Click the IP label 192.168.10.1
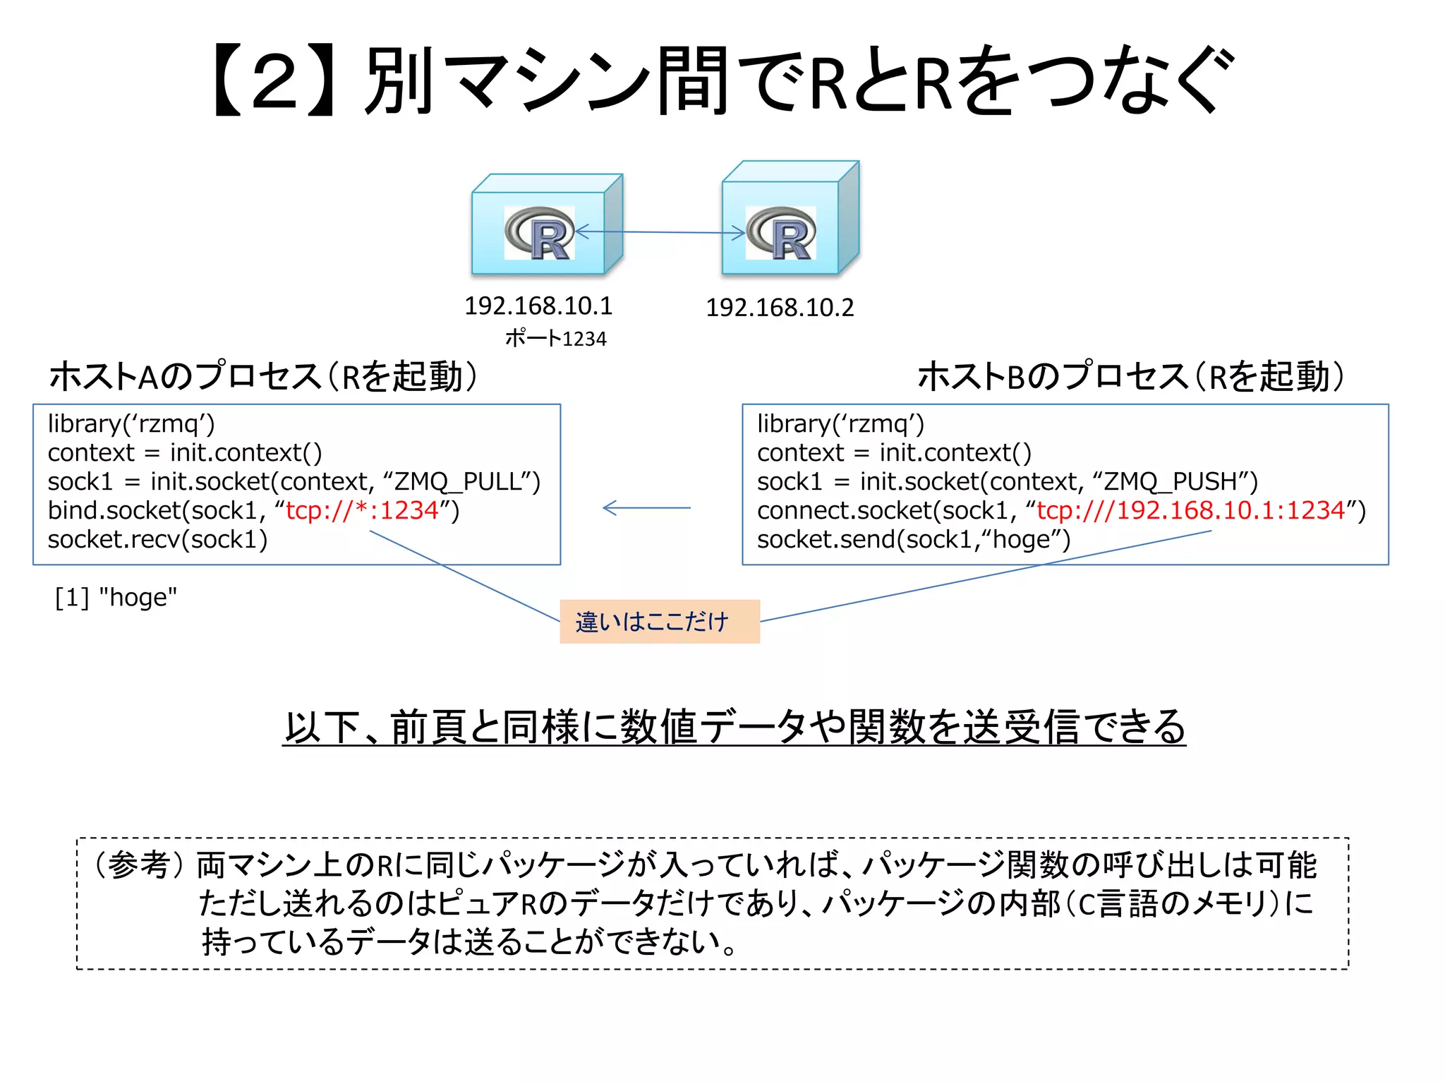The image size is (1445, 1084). coord(538,306)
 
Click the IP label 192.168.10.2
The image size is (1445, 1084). coord(780,308)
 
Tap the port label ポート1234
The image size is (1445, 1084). coord(555,339)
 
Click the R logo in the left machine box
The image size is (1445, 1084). coord(540,233)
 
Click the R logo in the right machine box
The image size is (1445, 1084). coord(781,233)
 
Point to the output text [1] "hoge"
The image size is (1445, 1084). coord(116,597)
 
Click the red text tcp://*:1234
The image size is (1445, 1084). coord(362,510)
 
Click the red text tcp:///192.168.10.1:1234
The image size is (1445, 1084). coord(1190,510)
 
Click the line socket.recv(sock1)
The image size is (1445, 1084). coord(157,539)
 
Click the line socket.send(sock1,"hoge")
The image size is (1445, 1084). coord(914,539)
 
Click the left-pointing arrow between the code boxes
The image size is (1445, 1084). coord(646,507)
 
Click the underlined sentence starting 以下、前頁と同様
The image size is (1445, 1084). coord(734,727)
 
